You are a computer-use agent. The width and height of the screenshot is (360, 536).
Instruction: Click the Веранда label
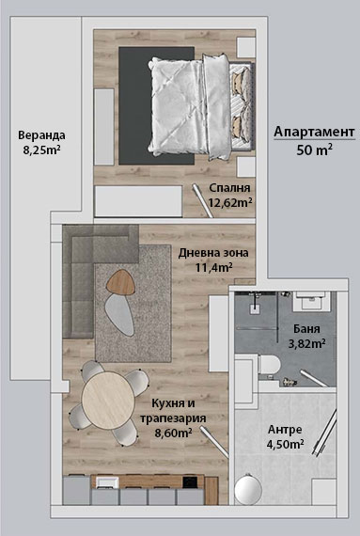[x=41, y=135]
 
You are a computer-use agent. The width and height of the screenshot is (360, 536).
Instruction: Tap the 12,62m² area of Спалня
[x=230, y=203]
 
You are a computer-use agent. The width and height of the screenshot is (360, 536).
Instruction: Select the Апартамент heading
[x=314, y=132]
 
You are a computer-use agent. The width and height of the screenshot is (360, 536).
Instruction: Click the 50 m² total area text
[x=314, y=150]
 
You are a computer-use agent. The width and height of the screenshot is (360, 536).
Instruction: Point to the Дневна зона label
[x=213, y=253]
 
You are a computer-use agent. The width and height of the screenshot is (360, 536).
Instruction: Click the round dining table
[x=109, y=400]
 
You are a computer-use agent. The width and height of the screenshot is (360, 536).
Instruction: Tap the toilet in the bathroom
[x=269, y=364]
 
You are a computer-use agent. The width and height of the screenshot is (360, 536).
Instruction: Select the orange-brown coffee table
[x=120, y=282]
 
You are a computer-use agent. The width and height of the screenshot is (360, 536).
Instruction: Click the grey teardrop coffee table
[x=119, y=315]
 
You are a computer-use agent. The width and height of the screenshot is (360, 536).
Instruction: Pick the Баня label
[x=306, y=329]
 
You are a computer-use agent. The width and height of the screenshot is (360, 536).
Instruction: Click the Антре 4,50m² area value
[x=285, y=445]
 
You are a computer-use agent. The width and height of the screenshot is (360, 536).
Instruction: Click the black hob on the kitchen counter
[x=190, y=481]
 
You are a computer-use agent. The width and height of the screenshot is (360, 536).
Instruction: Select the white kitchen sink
[x=107, y=482]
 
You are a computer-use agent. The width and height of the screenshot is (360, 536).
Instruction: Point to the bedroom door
[x=202, y=200]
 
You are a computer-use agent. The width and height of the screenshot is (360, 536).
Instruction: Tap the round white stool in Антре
[x=248, y=490]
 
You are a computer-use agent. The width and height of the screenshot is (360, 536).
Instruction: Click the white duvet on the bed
[x=178, y=107]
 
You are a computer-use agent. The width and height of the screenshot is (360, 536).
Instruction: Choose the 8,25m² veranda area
[x=41, y=150]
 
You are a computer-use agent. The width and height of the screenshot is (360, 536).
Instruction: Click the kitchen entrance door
[x=214, y=443]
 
